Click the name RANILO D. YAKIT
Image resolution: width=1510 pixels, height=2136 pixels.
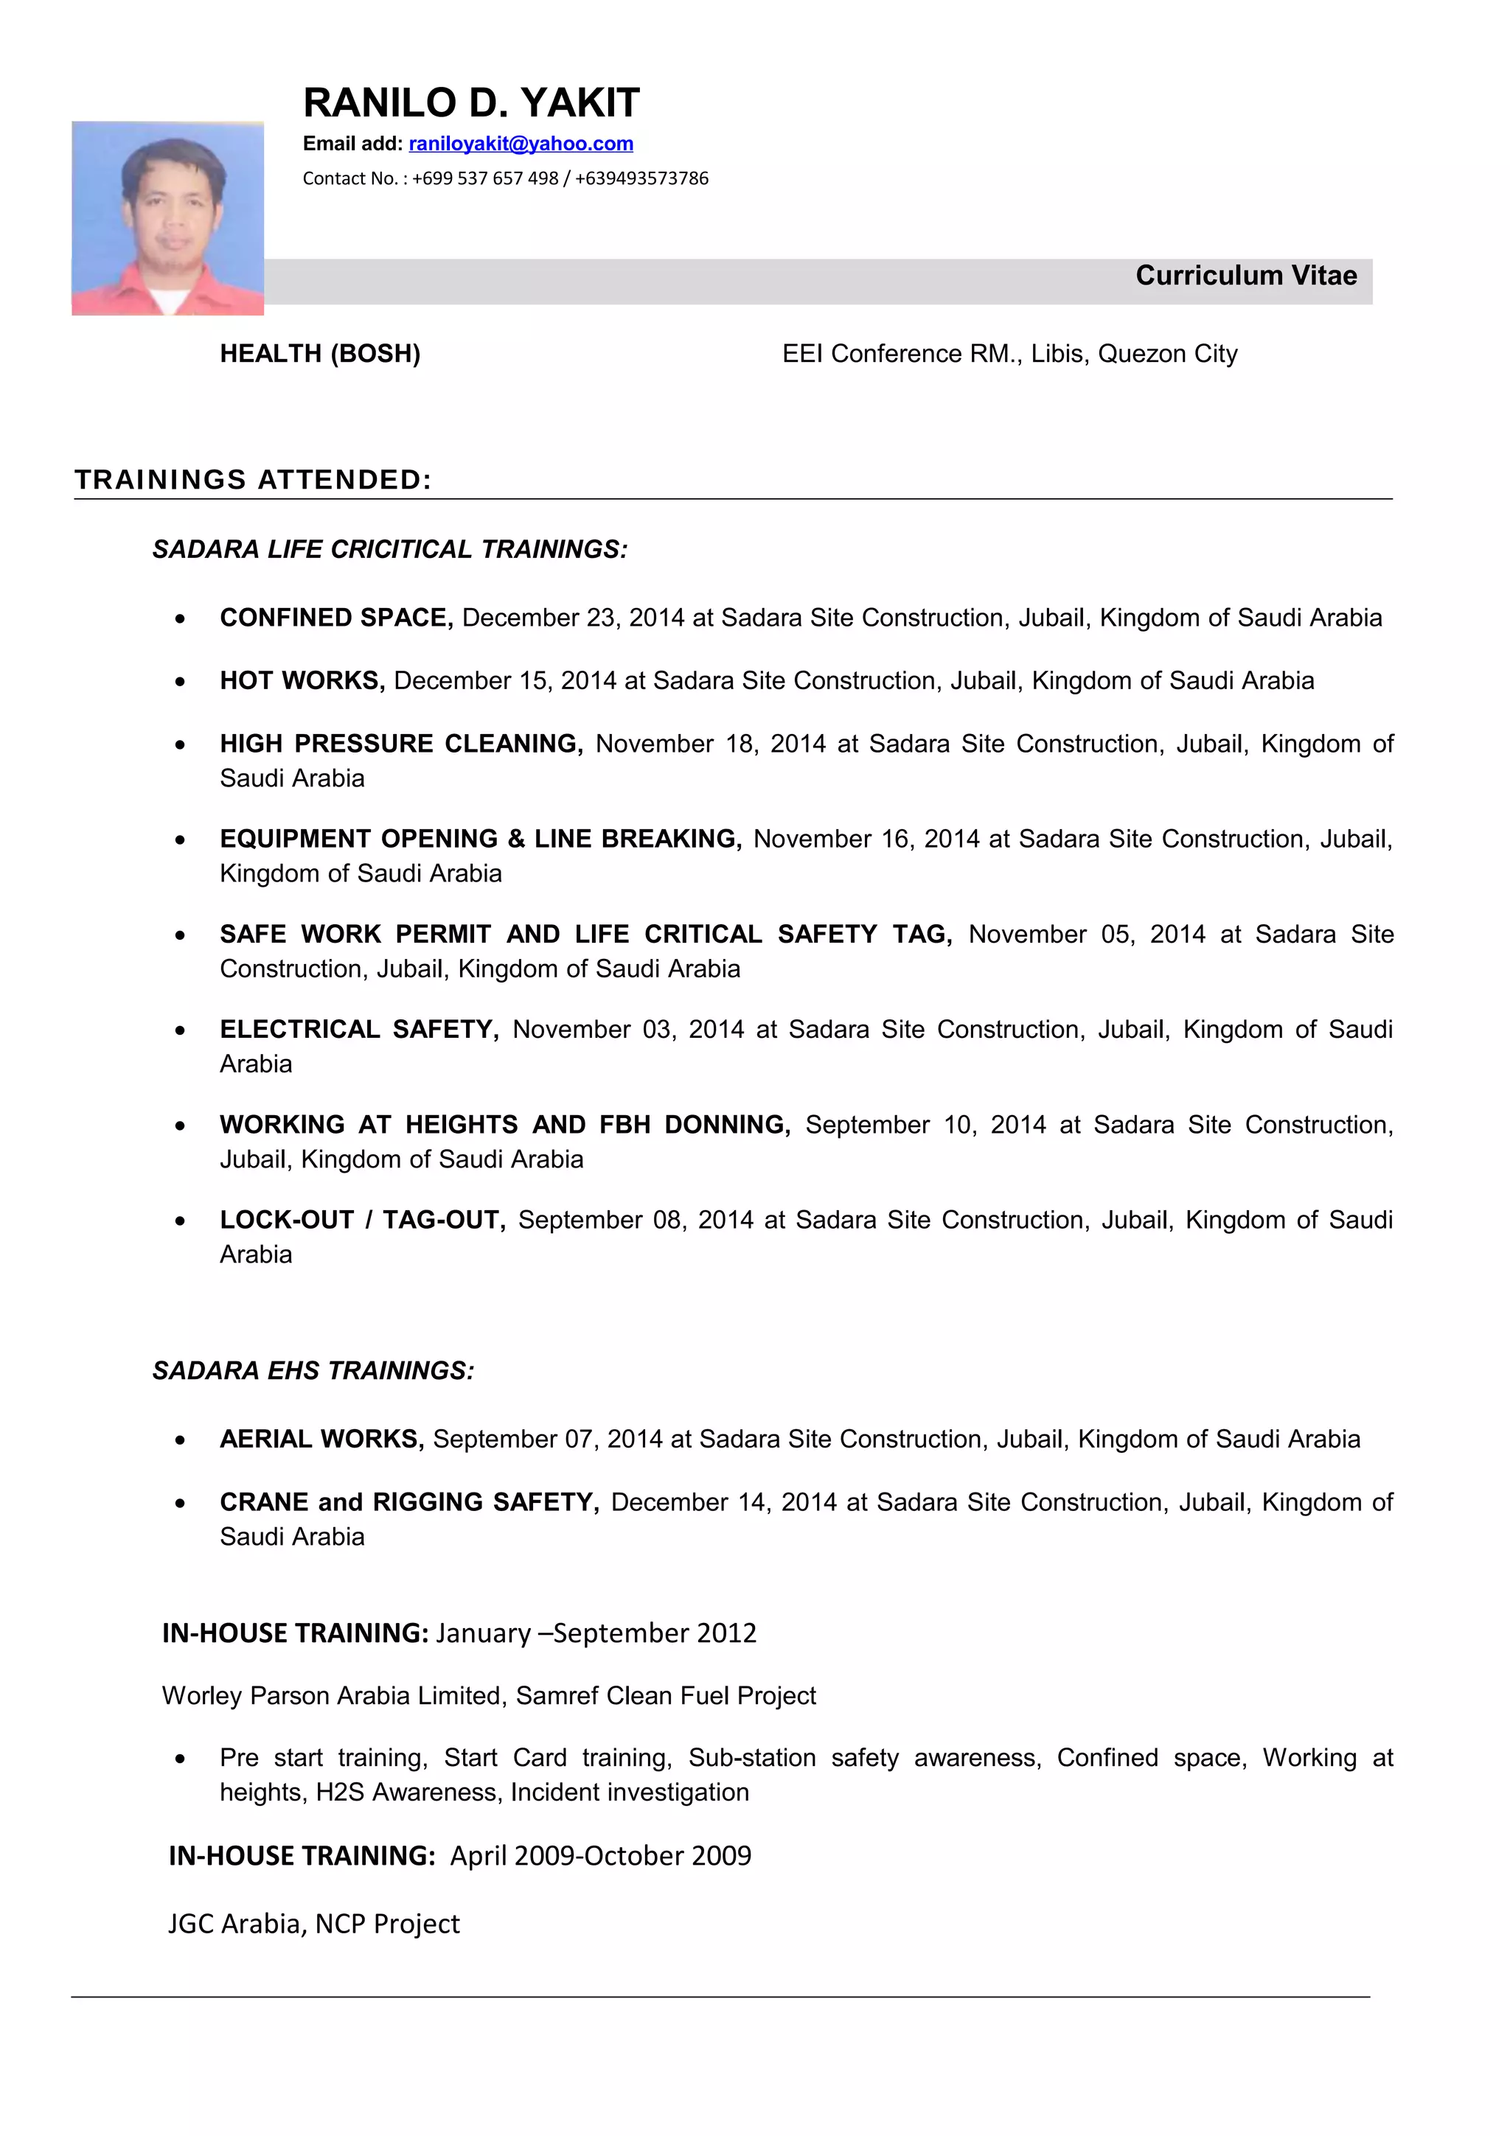tap(471, 103)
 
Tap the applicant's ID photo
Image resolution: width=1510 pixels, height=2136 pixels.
tap(167, 219)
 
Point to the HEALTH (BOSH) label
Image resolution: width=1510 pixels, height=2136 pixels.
tap(320, 355)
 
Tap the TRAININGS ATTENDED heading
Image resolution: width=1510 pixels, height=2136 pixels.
tap(253, 480)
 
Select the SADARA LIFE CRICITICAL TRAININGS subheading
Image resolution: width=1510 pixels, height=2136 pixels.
tap(390, 550)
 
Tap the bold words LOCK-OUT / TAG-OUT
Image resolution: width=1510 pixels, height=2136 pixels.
tap(362, 1221)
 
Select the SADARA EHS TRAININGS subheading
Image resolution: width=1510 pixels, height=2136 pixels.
tap(313, 1371)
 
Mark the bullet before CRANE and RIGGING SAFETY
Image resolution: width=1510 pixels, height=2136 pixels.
tap(181, 1504)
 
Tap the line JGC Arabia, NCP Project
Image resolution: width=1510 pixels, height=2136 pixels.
tap(313, 1924)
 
